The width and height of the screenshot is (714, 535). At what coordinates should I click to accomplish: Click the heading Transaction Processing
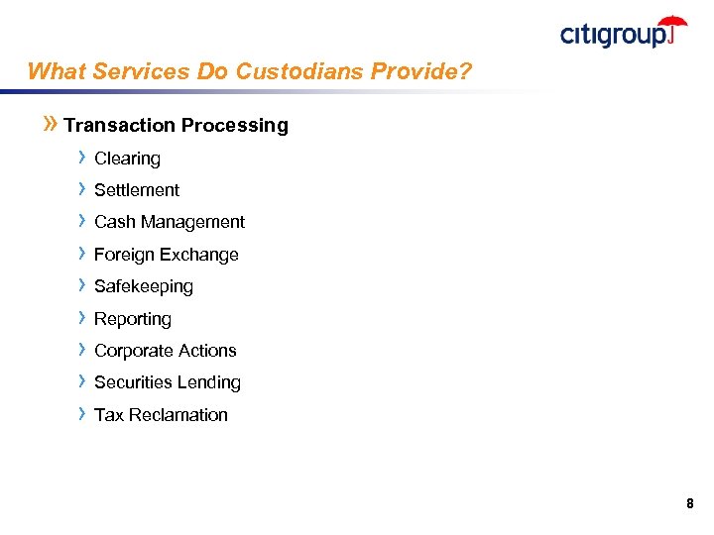coord(176,125)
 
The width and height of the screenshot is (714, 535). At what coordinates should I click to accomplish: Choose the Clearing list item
coord(127,159)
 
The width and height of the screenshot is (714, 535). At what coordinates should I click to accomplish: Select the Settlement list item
coord(137,190)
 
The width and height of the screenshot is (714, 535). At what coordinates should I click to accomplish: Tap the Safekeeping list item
coord(144,286)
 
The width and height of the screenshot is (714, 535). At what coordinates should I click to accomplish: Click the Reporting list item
coord(133,319)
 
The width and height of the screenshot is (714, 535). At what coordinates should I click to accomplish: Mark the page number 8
coord(689,504)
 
